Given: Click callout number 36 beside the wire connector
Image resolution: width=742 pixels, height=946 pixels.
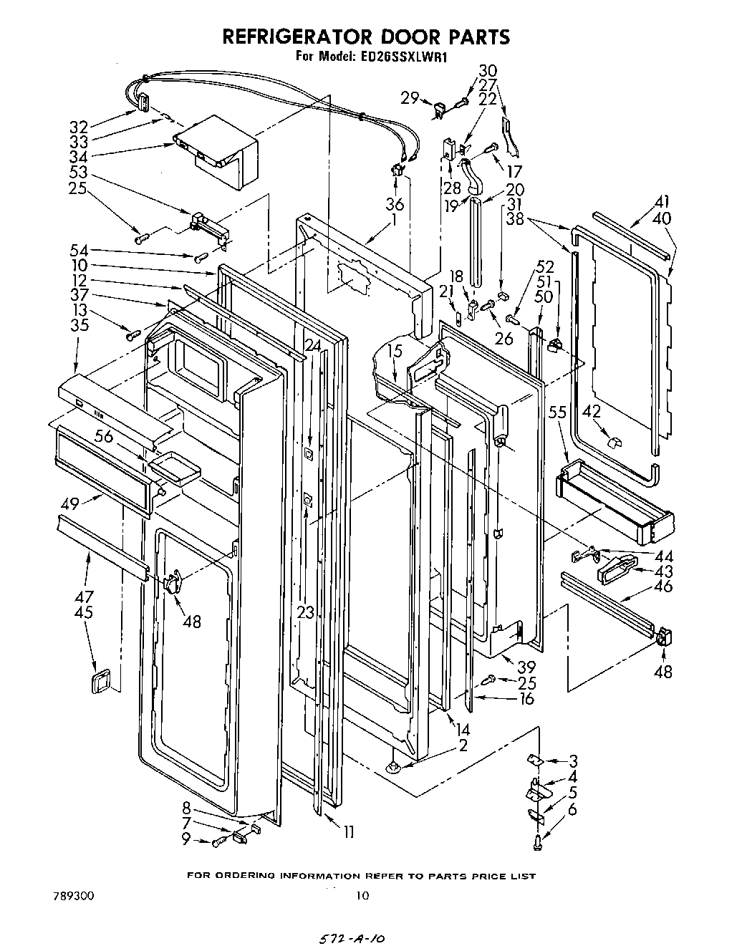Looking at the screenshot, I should click(395, 203).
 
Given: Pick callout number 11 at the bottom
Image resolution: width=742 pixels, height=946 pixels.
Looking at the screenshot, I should click(349, 832).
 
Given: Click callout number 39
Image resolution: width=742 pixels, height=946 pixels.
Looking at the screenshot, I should click(526, 667).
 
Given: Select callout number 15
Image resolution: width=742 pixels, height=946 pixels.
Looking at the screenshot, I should click(396, 351).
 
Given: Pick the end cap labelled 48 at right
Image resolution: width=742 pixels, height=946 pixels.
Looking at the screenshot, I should click(662, 636).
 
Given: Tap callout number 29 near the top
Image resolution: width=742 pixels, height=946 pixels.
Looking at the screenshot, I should click(410, 98).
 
